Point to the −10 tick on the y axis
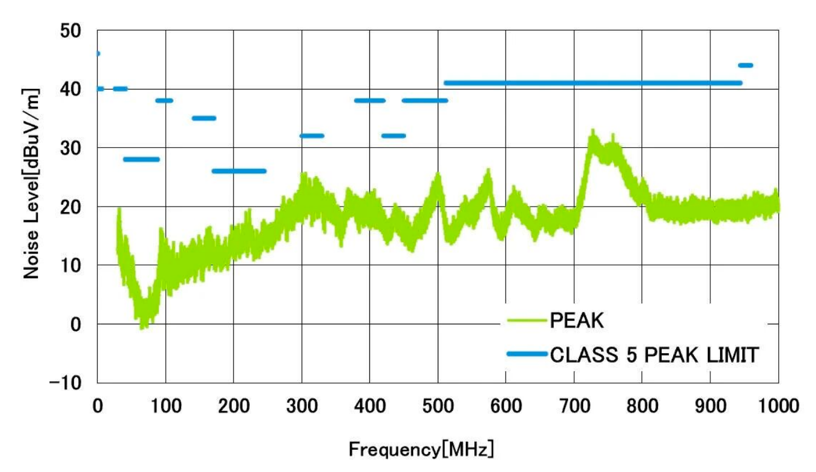click(x=71, y=383)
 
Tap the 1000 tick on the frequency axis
click(x=779, y=406)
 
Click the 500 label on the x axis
click(x=438, y=406)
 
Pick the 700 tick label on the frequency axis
click(x=574, y=406)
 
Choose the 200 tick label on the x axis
click(x=234, y=406)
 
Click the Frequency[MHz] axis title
click(x=422, y=449)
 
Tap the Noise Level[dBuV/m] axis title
click(x=31, y=183)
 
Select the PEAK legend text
click(x=576, y=321)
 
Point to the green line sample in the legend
click(x=526, y=321)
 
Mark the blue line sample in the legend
click(x=526, y=354)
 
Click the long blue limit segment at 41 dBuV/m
click(x=593, y=83)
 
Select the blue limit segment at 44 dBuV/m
click(x=745, y=65)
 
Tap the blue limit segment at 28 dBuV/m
click(x=141, y=159)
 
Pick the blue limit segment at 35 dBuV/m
click(x=204, y=118)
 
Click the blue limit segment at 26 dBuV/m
click(x=239, y=171)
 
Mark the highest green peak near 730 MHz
click(x=593, y=130)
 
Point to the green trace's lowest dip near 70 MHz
click(x=142, y=328)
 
